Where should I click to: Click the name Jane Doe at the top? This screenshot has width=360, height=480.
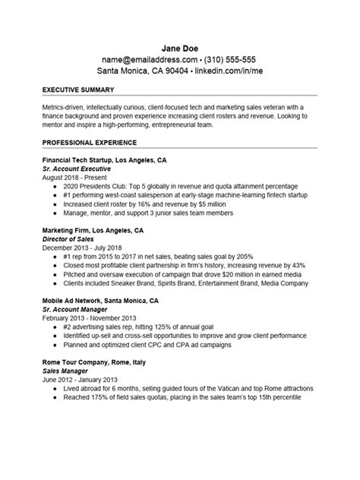(180, 44)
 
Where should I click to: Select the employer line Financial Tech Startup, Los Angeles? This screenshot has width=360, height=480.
(105, 161)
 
